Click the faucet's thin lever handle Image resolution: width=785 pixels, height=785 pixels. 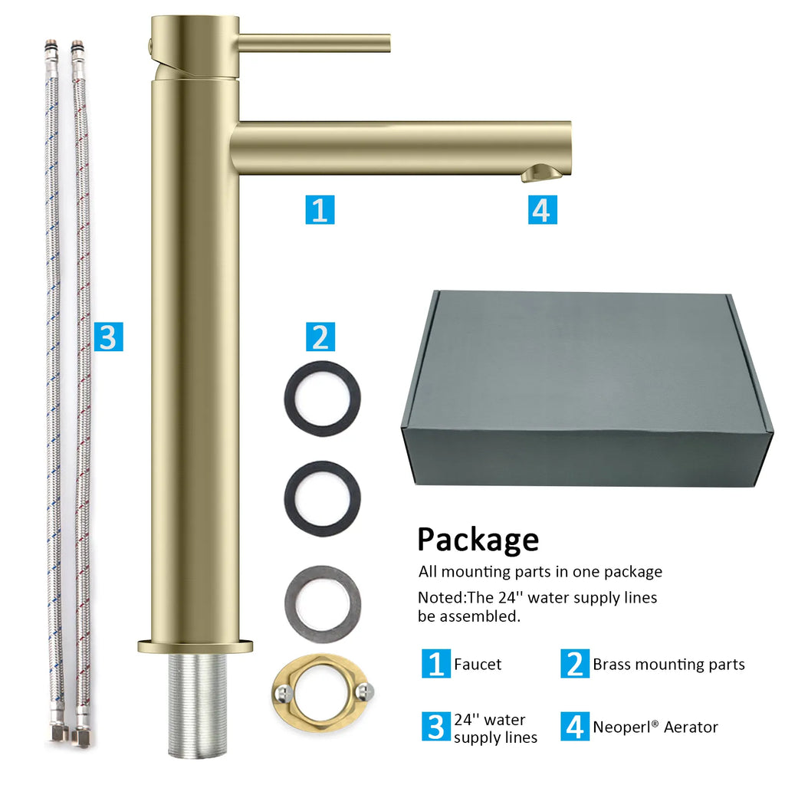[x=314, y=43]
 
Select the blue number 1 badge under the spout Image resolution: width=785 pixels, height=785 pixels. [x=320, y=210]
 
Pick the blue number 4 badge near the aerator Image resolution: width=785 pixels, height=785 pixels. [x=542, y=210]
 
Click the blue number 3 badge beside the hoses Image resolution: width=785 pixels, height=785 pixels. [x=108, y=337]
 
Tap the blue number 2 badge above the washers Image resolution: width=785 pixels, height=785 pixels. [x=320, y=337]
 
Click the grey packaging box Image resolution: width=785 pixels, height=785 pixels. [x=588, y=388]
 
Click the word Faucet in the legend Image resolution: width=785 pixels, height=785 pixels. [x=478, y=665]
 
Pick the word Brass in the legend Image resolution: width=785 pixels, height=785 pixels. [x=612, y=665]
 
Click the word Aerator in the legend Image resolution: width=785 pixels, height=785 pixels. [x=691, y=727]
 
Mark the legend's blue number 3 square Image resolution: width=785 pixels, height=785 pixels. [x=435, y=727]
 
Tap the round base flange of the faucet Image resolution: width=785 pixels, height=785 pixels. [x=195, y=645]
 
